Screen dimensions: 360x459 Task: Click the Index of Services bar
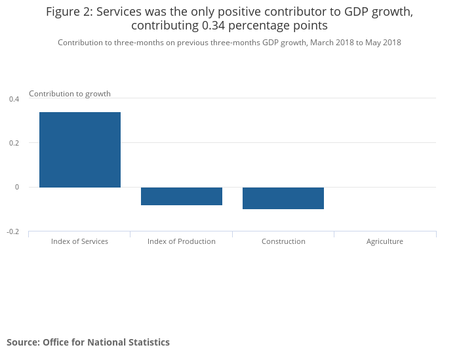pyautogui.click(x=80, y=150)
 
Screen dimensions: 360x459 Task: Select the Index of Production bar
pyautogui.click(x=182, y=196)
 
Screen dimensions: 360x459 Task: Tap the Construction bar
pyautogui.click(x=283, y=198)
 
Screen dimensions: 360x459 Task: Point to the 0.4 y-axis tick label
pyautogui.click(x=14, y=99)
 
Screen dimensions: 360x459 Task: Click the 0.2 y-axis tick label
pyautogui.click(x=14, y=143)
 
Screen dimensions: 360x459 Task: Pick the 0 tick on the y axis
pyautogui.click(x=17, y=188)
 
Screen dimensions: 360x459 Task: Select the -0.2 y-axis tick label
pyautogui.click(x=13, y=231)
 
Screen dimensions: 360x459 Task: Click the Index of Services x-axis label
pyautogui.click(x=79, y=241)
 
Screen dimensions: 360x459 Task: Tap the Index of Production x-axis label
pyautogui.click(x=182, y=241)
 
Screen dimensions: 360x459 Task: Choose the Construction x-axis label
pyautogui.click(x=283, y=241)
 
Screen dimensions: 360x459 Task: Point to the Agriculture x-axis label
pyautogui.click(x=385, y=241)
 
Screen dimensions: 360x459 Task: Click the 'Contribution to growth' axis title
pyautogui.click(x=70, y=94)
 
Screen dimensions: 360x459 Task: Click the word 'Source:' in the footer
pyautogui.click(x=23, y=342)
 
